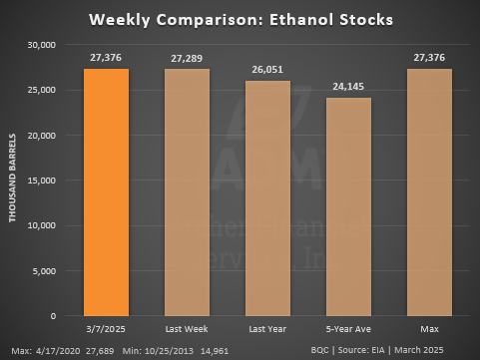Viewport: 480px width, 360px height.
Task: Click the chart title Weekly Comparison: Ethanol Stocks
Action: pos(240,19)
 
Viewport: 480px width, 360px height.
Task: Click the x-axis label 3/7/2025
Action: pos(106,328)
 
